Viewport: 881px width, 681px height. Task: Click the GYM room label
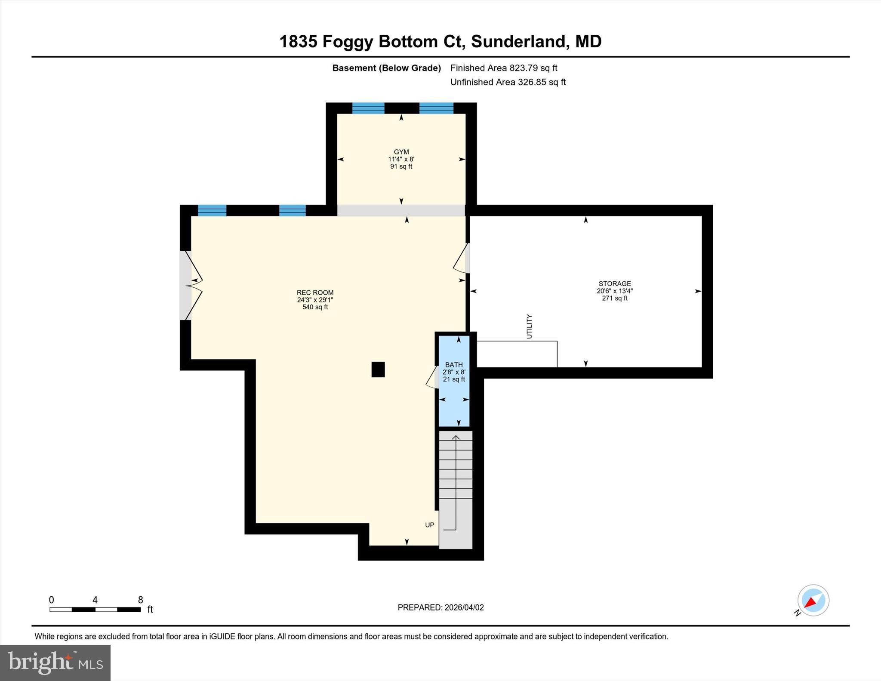tap(401, 152)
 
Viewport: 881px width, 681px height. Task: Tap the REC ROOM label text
tap(315, 293)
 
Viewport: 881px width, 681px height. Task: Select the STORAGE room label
tap(614, 283)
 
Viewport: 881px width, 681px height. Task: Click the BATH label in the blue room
tap(454, 365)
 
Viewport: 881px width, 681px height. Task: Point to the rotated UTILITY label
tap(529, 327)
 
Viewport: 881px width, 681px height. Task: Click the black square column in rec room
tap(378, 370)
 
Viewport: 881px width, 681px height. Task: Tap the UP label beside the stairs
tap(429, 525)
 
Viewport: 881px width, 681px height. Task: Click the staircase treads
tap(456, 473)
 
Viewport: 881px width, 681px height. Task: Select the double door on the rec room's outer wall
tap(189, 286)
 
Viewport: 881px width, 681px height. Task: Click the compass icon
tap(813, 601)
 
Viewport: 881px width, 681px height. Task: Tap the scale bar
tap(95, 609)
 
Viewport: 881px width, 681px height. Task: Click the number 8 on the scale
tap(140, 600)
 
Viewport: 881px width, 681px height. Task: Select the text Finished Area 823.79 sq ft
tap(503, 68)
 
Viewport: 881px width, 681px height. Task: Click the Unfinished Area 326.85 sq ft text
tap(508, 82)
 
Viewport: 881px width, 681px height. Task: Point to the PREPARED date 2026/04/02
tap(440, 607)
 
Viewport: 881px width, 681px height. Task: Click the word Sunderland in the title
tap(518, 42)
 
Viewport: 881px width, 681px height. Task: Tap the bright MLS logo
tap(55, 663)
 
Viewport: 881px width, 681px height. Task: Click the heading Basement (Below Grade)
tap(386, 68)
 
